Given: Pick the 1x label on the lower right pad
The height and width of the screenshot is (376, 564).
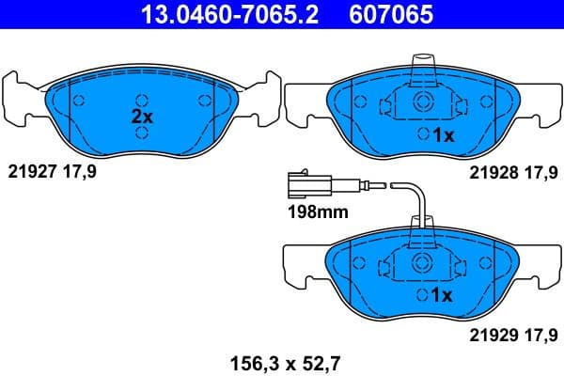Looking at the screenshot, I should (x=441, y=295).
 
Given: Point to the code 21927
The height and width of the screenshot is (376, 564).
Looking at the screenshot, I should (x=31, y=173).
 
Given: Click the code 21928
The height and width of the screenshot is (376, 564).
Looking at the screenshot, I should (x=490, y=173).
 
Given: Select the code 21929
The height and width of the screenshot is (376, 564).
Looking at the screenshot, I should (x=490, y=332).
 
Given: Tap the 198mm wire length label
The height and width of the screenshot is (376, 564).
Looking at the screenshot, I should (x=312, y=212).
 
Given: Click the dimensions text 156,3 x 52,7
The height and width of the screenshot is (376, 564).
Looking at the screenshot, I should (x=279, y=358).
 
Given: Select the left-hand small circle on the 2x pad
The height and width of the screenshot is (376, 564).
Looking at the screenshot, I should (x=79, y=102).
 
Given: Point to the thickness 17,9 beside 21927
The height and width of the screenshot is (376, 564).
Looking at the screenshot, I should (x=81, y=173).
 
